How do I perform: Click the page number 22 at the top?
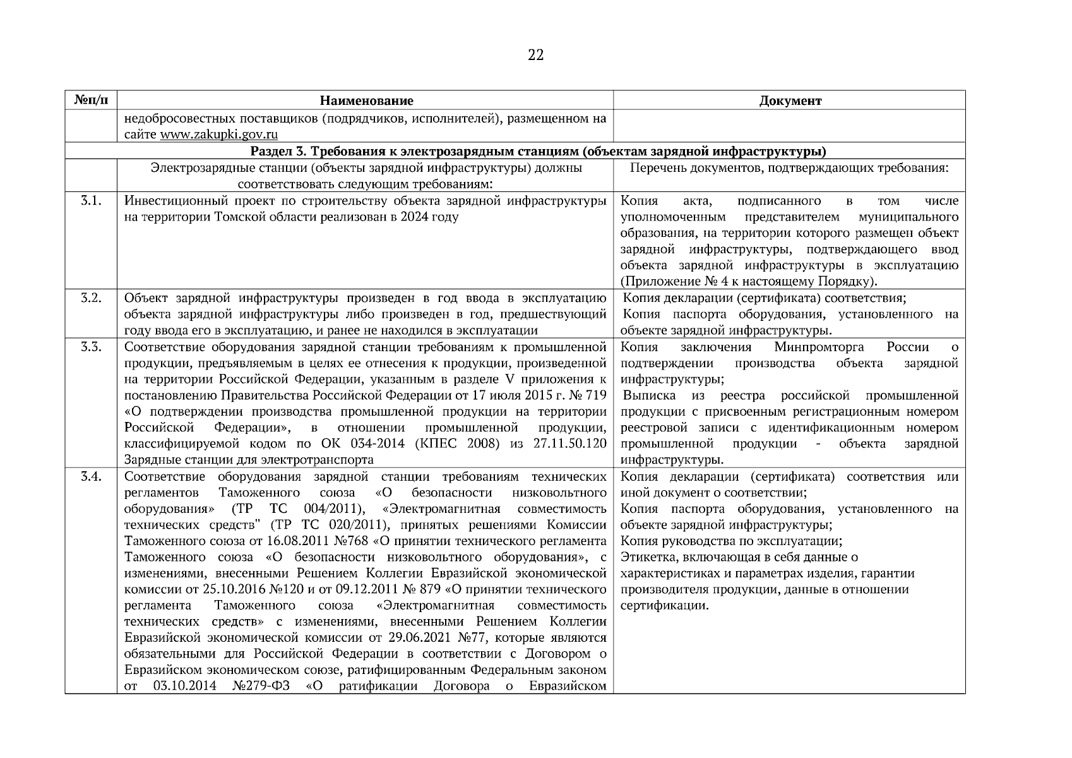[x=535, y=56]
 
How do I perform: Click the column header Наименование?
[x=366, y=101]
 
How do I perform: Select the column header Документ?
[x=790, y=101]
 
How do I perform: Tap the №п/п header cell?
[x=91, y=100]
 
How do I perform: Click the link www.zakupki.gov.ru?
[x=219, y=135]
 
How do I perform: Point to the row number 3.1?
[x=91, y=201]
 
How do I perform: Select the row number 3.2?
[x=91, y=298]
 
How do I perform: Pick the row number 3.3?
[x=91, y=347]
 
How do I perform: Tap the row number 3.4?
[x=91, y=477]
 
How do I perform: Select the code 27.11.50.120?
[x=569, y=444]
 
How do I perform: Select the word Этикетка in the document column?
[x=645, y=558]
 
